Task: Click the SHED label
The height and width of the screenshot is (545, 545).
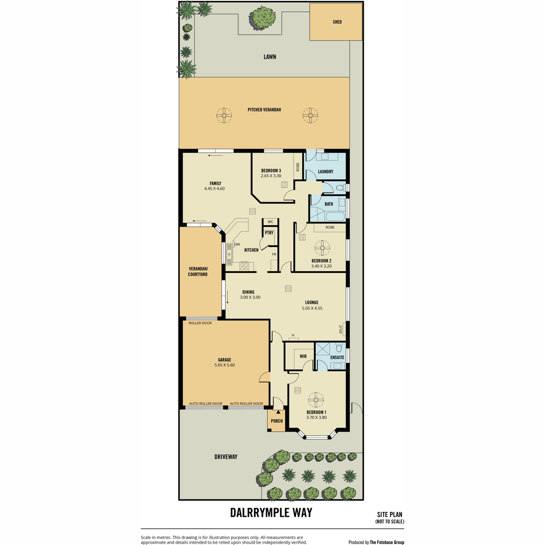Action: coord(337,22)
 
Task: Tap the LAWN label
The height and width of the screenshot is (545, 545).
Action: coord(269,57)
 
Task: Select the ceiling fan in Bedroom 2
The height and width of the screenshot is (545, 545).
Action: coord(322,248)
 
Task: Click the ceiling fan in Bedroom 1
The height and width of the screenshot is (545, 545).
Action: coord(316,400)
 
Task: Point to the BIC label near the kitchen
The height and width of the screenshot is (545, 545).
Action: coord(270,222)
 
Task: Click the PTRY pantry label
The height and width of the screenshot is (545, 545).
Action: coord(269,233)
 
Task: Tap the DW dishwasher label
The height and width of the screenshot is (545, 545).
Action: coord(237,244)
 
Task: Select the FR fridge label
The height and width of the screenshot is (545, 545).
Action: coord(274,254)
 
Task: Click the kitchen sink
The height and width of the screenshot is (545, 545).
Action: coord(229,254)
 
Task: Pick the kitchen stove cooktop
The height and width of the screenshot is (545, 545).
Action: coord(244,266)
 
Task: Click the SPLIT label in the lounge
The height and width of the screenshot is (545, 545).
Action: coord(341,329)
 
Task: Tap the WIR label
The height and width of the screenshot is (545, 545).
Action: coord(303,357)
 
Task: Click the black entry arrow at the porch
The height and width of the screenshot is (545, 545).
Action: coord(278,412)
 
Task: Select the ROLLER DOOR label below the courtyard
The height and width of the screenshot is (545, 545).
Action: coord(200,323)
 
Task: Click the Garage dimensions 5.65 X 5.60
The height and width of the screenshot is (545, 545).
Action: coord(224,365)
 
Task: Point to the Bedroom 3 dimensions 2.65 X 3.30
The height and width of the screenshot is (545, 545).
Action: coord(271,176)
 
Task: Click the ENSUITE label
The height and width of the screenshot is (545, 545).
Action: coord(337,357)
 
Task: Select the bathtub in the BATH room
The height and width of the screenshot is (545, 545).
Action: coord(336,217)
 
